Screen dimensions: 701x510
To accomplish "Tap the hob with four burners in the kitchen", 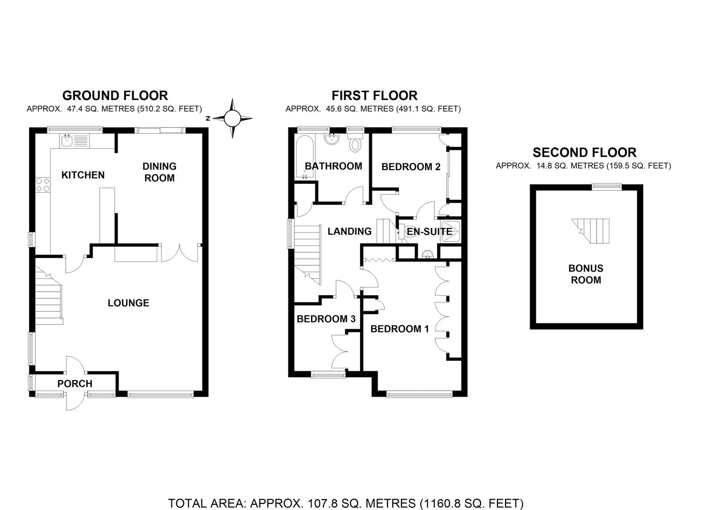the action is point(42,185).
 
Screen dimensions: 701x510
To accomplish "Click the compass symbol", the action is point(232,119).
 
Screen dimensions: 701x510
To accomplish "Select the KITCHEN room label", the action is point(83,175).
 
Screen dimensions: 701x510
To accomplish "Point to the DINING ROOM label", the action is point(159,172).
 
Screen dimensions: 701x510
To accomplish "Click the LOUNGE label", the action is point(128,303).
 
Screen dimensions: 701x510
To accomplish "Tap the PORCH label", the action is point(75,384).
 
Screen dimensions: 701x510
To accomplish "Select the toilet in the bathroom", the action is point(355,142).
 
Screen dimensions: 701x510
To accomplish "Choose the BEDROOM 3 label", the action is point(326,319).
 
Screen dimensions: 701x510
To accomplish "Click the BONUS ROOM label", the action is point(586,274).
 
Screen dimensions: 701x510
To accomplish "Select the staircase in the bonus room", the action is point(592,230).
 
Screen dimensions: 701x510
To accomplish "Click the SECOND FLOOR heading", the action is point(584,153).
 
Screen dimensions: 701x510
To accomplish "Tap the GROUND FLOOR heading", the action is point(115,95).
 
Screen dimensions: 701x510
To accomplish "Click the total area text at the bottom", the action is point(346,503).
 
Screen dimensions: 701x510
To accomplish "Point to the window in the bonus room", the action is point(608,187).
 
